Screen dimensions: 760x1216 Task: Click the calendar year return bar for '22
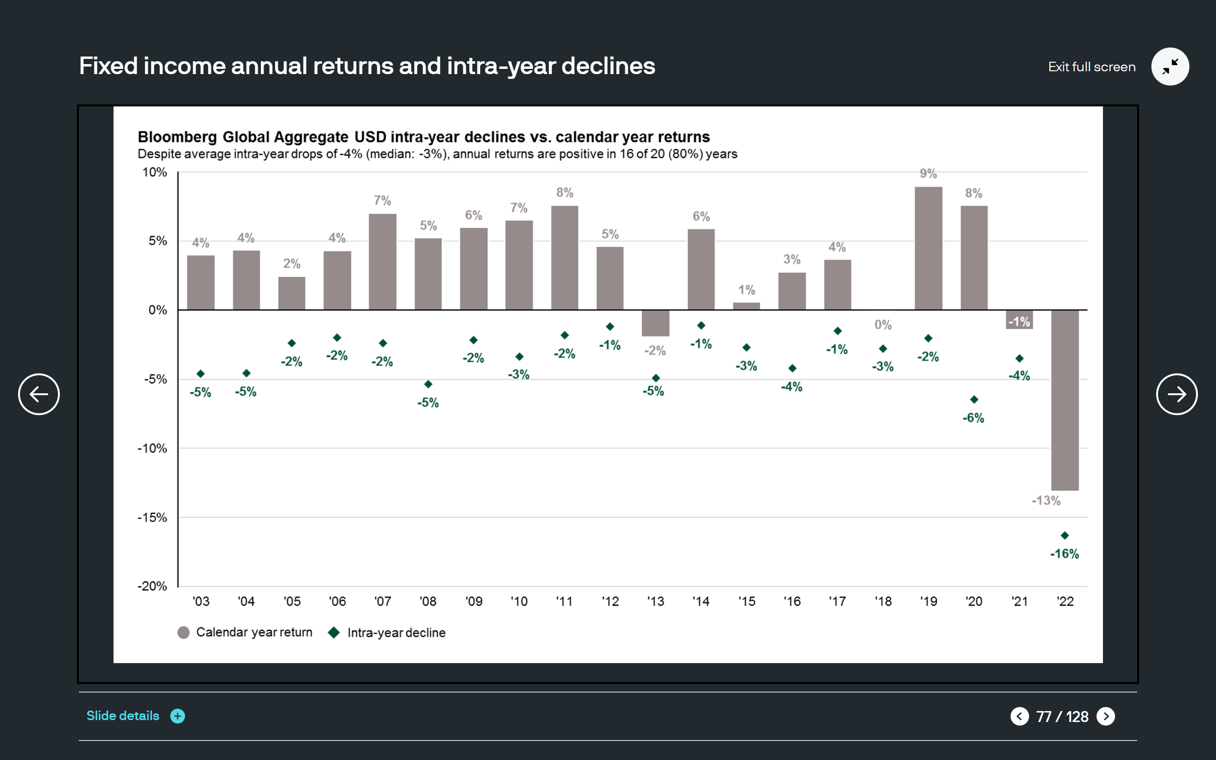1064,399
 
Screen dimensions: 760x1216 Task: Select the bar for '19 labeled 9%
928,248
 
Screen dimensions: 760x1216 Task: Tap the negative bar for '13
655,323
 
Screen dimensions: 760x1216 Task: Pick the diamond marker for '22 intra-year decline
1064,535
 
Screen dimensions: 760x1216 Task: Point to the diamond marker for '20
974,399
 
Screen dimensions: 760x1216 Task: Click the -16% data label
1064,554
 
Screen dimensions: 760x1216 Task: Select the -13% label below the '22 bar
1046,501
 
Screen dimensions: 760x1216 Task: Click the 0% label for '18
883,325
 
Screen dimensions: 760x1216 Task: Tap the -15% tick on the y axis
152,517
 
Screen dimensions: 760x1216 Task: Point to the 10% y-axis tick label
154,172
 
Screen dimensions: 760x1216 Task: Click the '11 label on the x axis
564,601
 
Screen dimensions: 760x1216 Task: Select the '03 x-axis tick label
201,601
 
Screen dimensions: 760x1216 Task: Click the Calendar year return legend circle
183,632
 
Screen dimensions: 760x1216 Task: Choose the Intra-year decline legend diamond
333,632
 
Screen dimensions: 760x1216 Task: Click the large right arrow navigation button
1176,394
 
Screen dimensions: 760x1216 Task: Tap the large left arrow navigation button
38,394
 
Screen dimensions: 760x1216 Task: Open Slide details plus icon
177,716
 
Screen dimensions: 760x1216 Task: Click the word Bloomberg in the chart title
177,137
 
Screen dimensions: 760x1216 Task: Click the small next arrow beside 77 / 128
1105,716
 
